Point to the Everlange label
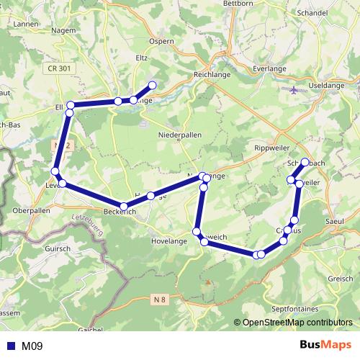point(271,68)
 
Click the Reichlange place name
point(211,74)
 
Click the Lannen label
point(24,24)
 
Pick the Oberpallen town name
point(31,210)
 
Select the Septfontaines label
point(294,308)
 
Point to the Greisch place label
point(340,278)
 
